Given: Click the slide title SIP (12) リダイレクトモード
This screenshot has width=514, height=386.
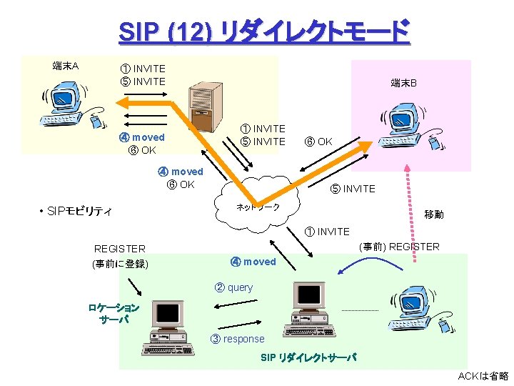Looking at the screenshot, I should pos(264,31).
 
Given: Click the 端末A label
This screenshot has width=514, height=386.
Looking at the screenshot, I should pos(66,66).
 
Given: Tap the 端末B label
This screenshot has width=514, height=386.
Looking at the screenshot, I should pos(403,84).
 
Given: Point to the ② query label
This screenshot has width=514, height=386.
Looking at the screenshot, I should pos(234,287).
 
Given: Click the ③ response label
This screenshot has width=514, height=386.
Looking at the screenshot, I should pos(238,339).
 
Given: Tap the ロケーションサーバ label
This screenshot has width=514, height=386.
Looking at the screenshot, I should pos(114,314).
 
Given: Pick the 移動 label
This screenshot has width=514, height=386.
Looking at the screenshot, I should pos(433,214).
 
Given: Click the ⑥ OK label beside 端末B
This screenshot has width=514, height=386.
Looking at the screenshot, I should pos(318,142).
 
